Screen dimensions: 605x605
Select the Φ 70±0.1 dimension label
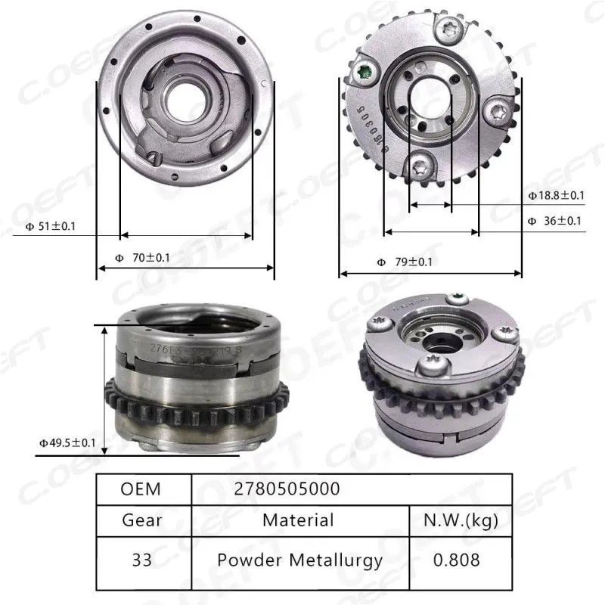pos(143,257)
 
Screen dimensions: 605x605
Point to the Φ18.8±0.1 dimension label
pos(556,195)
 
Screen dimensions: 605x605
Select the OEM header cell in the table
pos(141,489)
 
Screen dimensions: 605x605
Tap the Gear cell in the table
pos(141,520)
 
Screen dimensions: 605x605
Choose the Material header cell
pos(298,520)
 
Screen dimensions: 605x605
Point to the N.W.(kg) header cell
pos(459,520)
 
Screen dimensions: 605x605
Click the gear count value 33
pos(141,560)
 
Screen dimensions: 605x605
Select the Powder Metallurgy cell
pos(299,560)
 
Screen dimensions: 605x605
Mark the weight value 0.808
pos(459,560)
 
